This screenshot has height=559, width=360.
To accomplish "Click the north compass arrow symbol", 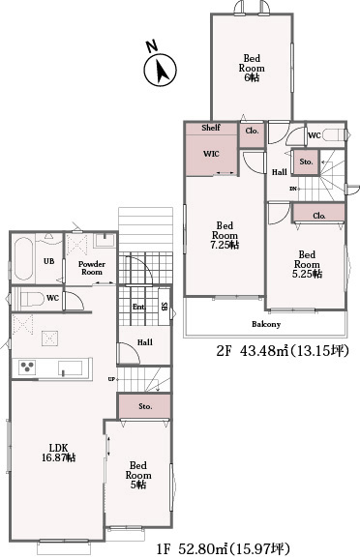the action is pos(161,71).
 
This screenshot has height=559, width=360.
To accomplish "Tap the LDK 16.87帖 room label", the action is pos(58,453).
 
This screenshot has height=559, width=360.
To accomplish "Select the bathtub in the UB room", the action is pos(24,259).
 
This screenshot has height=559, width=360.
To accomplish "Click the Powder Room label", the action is pos(92,268).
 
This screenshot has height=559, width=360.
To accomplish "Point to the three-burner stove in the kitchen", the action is pos(27,368).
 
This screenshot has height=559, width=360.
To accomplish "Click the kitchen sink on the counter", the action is pos(71,368).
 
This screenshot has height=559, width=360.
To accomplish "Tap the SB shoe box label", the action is pos(164,306).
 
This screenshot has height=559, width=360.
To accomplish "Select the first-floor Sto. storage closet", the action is pos(144,406).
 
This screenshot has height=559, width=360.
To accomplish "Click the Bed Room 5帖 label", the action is pos(138,475).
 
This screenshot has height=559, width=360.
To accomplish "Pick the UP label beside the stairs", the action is pos(111,379).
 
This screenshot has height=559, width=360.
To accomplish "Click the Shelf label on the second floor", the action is pos(211,128).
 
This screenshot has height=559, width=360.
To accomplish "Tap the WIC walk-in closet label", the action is pos(211,154).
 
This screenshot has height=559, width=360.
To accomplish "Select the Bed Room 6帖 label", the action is pos(252,68).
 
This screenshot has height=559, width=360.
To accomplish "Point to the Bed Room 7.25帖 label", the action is pos(225,235).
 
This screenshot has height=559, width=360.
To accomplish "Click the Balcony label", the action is pos(266,324).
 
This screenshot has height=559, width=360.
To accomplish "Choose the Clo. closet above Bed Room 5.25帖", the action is pos(319,213).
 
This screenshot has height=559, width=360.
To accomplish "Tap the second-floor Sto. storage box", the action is pos(306,162).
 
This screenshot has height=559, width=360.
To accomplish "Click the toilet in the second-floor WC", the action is pos(334,135).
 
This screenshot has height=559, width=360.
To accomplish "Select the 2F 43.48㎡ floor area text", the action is pos(282,351).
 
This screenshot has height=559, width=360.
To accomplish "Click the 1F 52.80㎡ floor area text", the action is pos(223,547).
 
